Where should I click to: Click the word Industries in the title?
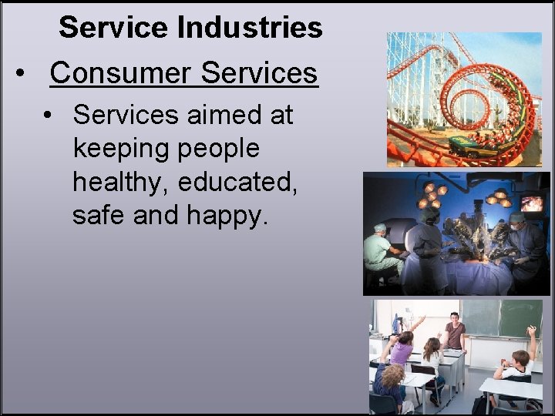click(x=250, y=28)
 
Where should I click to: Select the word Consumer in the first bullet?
click(x=119, y=73)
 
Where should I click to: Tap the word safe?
click(x=99, y=215)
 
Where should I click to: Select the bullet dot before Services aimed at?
click(x=49, y=116)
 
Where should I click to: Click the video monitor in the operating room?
click(x=531, y=203)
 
